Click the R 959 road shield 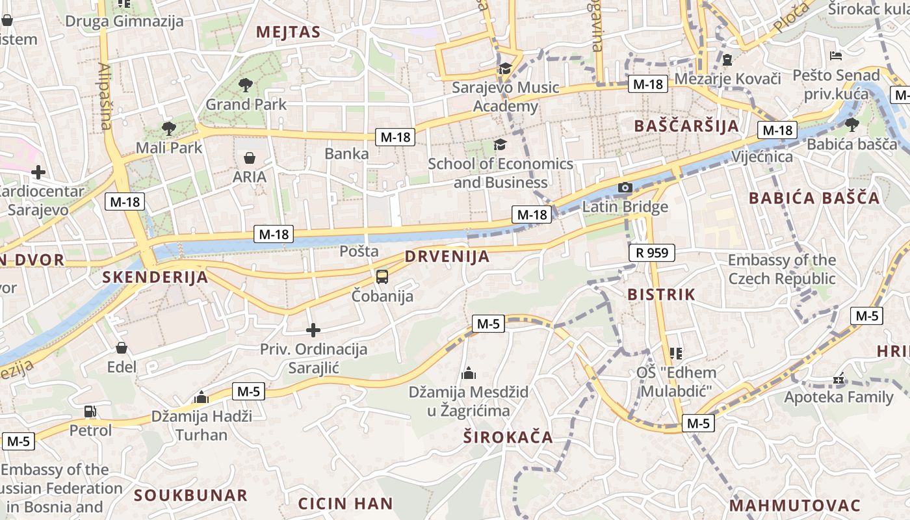[652, 253]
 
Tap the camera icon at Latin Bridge [625, 188]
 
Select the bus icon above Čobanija [382, 277]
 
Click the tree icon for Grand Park [246, 84]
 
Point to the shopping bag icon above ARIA [249, 157]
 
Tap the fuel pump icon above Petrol [90, 411]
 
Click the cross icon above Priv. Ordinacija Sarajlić [313, 330]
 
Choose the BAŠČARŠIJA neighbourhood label [686, 126]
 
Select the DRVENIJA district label [447, 257]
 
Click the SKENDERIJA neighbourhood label [155, 278]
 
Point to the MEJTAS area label [288, 32]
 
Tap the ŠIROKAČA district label [508, 437]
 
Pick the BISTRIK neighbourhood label [661, 294]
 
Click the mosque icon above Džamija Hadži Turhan [201, 396]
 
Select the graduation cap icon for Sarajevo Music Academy [504, 68]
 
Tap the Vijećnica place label [762, 157]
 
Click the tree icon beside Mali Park [168, 127]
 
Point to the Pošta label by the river [359, 251]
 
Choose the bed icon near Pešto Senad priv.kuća [836, 56]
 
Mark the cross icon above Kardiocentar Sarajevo [38, 172]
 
